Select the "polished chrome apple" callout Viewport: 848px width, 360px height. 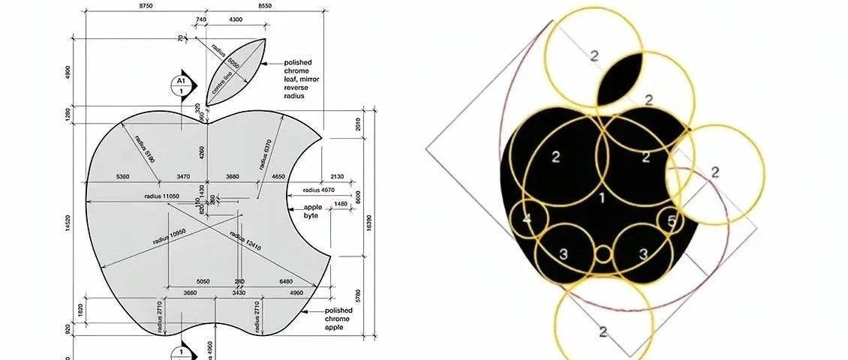pos(338,319)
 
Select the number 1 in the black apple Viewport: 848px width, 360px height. pos(601,197)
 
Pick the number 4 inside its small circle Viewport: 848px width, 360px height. pos(527,219)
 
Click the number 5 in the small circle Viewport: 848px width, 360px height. pos(671,220)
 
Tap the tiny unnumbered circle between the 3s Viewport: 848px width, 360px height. pos(603,253)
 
